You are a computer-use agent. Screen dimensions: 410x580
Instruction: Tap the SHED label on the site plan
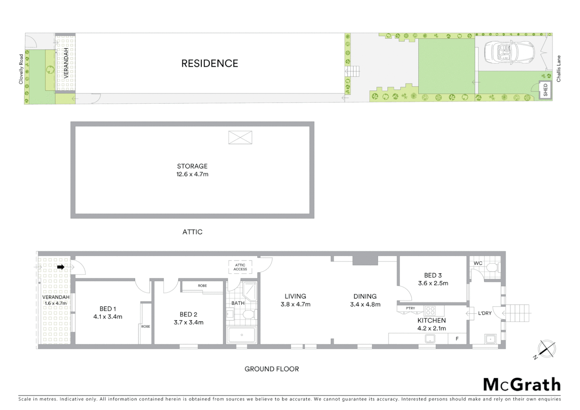(x=545, y=90)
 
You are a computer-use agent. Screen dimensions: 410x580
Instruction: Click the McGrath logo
(x=522, y=385)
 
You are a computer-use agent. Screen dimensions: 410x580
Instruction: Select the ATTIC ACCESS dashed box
(x=240, y=267)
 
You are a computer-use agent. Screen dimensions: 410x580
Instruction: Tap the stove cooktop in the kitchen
(x=430, y=311)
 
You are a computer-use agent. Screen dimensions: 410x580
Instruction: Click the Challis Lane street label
(x=558, y=69)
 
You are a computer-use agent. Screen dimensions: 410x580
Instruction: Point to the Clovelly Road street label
(x=21, y=69)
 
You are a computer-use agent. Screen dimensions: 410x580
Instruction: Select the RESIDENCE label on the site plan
(x=210, y=63)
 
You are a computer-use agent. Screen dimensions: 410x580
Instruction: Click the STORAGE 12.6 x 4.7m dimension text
(x=192, y=174)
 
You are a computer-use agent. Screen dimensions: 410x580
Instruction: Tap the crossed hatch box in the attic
(x=240, y=137)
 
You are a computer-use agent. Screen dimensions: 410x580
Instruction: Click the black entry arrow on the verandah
(x=61, y=267)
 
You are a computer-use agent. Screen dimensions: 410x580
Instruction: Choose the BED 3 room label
(x=433, y=275)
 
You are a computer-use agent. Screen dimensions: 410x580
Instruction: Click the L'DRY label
(x=485, y=313)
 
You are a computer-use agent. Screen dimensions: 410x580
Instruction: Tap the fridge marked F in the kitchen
(x=457, y=339)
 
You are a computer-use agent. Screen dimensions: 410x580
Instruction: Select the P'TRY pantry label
(x=410, y=308)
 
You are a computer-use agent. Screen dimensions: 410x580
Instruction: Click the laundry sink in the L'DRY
(x=490, y=338)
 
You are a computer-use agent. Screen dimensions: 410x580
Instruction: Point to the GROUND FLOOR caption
(x=271, y=369)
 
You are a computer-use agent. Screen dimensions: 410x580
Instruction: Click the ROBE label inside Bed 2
(x=202, y=286)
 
